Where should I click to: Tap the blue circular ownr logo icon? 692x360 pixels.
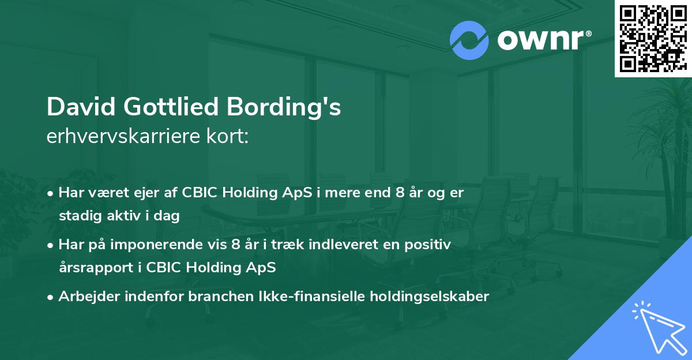[469, 40]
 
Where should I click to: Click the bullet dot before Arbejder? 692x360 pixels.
[52, 297]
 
